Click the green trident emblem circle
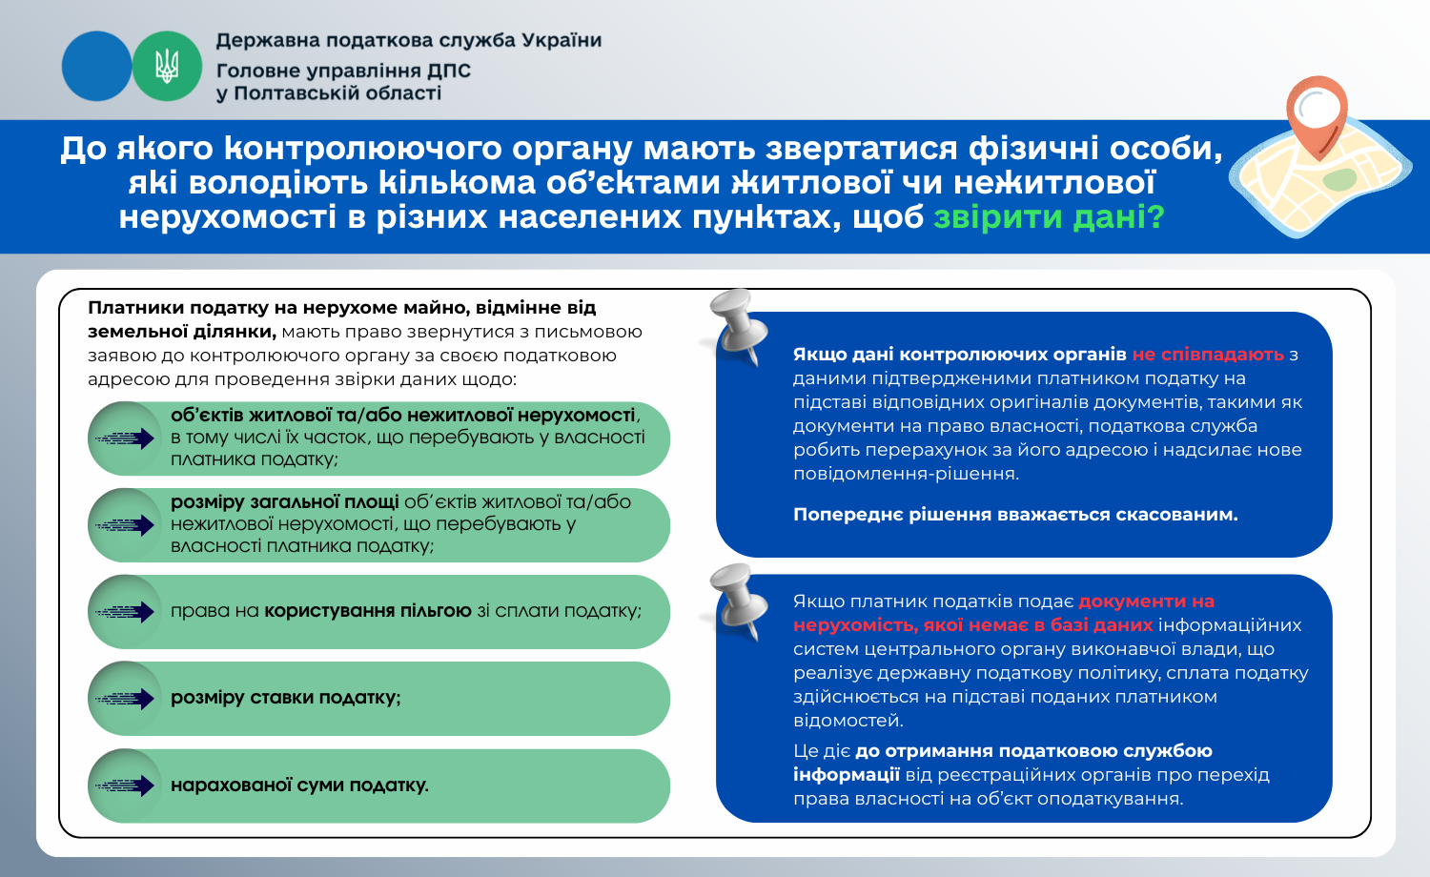click(x=167, y=67)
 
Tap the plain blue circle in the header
click(x=96, y=67)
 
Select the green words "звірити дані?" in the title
click(x=1049, y=217)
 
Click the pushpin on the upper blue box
click(x=738, y=326)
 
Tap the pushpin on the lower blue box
click(x=738, y=601)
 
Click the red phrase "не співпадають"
click(x=1208, y=355)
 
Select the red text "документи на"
click(x=1147, y=602)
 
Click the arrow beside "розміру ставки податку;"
click(x=125, y=699)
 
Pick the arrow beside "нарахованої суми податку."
click(x=125, y=785)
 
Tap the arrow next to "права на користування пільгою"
click(x=125, y=612)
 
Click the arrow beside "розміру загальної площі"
click(x=125, y=525)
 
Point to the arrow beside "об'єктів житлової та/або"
click(x=125, y=438)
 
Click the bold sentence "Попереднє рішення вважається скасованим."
click(x=1015, y=515)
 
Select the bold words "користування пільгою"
click(x=368, y=611)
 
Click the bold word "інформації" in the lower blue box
click(x=847, y=775)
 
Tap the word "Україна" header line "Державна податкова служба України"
click(x=562, y=40)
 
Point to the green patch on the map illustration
click(x=1339, y=179)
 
